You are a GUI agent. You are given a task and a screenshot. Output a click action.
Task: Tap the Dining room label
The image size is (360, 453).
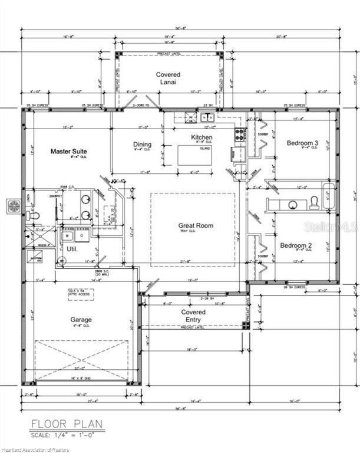[x=142, y=145]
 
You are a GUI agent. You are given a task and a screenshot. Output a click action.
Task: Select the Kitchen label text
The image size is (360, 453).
[x=202, y=137]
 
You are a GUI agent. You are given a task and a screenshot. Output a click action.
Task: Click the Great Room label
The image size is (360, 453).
[x=196, y=225]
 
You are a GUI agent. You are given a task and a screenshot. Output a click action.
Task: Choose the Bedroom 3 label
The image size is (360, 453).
[x=302, y=143]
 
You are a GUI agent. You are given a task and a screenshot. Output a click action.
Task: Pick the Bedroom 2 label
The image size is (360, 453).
[x=295, y=245]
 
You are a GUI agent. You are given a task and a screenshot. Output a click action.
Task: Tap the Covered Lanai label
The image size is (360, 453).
[x=168, y=78]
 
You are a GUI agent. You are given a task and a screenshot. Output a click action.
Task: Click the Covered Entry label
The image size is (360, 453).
[x=193, y=316]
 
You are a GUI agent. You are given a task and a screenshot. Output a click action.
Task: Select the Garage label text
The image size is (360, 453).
[x=81, y=320]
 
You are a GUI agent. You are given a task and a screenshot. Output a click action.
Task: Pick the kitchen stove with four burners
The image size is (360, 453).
[x=240, y=136]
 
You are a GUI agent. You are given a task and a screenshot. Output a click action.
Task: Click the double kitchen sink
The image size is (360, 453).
[x=207, y=117]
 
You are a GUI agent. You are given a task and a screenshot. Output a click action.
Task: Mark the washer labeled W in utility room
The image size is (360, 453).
[x=67, y=236]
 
